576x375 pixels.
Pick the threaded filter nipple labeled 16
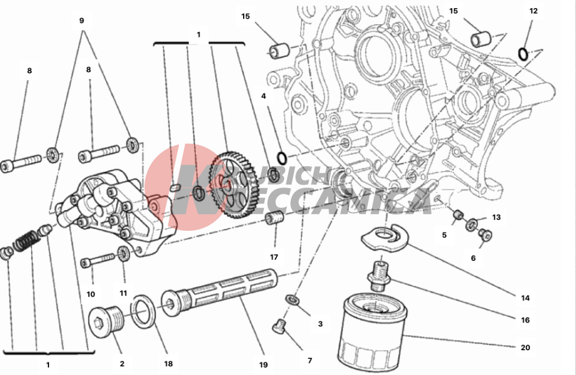click(x=378, y=275)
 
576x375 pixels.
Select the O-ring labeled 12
click(x=522, y=54)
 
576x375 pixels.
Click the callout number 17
click(x=274, y=257)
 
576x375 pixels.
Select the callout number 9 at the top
click(x=81, y=20)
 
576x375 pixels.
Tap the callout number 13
click(x=496, y=217)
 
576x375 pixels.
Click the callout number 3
click(x=320, y=324)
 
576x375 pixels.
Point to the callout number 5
click(x=444, y=235)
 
